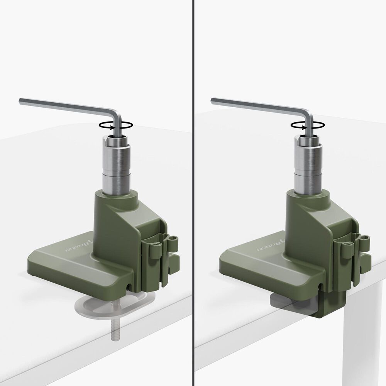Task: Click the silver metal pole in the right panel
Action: pyautogui.click(x=308, y=166)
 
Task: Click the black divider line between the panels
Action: pyautogui.click(x=193, y=193)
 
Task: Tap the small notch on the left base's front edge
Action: pyautogui.click(x=128, y=286)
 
